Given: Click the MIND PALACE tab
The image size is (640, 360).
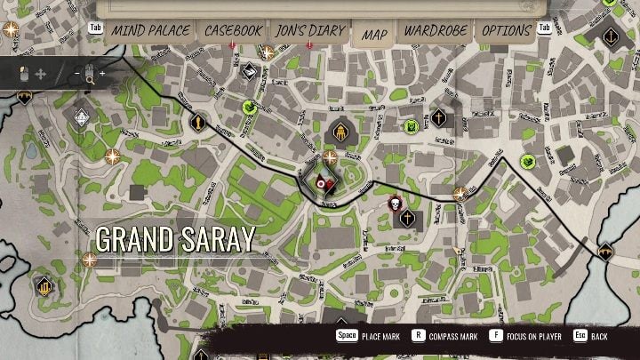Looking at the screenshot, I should (149, 30).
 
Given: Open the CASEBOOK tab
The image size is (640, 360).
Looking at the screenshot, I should (234, 30).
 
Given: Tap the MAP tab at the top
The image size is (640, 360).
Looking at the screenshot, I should (374, 33).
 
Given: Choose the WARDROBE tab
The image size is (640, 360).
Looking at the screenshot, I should (436, 30).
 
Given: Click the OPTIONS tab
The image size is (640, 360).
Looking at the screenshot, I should (506, 30).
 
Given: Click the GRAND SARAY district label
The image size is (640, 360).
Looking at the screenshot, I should (175, 238).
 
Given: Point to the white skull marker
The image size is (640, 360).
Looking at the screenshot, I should (394, 204).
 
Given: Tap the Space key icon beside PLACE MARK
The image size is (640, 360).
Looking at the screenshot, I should (347, 337).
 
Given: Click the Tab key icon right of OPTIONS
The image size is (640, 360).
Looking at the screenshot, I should (546, 28).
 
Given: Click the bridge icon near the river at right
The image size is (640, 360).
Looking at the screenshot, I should (606, 252).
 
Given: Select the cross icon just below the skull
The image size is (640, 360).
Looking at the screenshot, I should (407, 219).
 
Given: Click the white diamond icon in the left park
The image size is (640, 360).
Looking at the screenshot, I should (81, 116).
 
